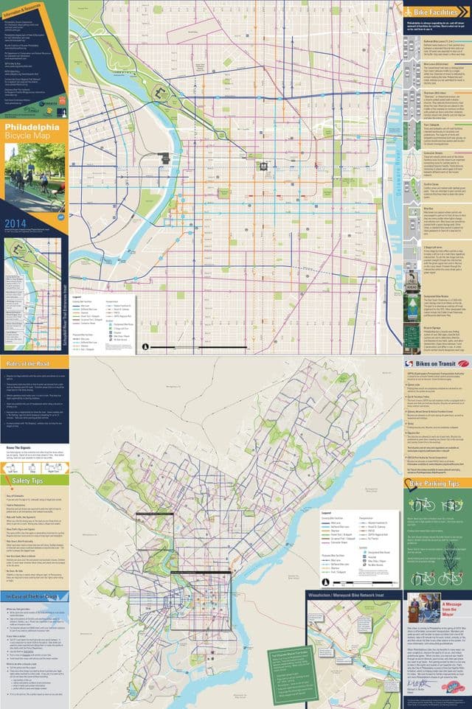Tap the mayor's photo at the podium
tap(423, 608)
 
